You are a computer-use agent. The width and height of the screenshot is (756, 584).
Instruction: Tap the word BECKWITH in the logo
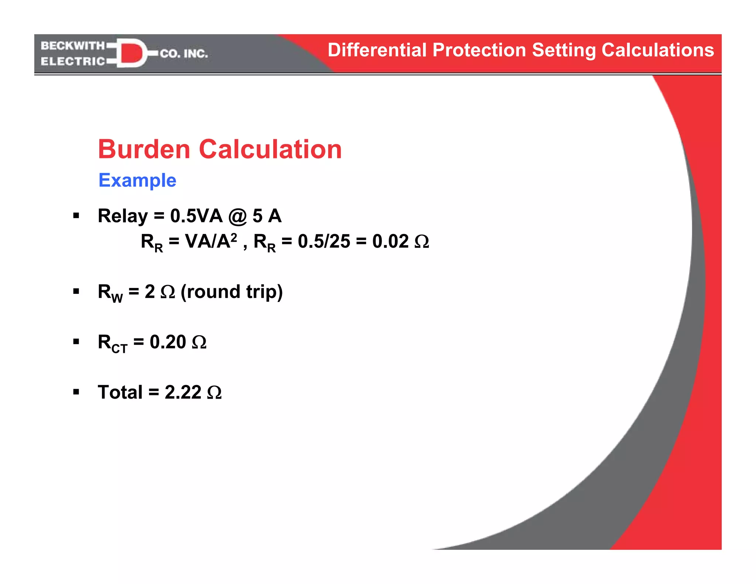pos(73,46)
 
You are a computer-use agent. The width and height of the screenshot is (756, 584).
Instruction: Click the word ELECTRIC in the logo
pos(73,61)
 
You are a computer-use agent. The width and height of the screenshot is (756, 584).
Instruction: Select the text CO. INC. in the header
pos(184,54)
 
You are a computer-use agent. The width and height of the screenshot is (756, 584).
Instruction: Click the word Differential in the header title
pos(377,50)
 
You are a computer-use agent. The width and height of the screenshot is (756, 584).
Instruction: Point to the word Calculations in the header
pos(657,50)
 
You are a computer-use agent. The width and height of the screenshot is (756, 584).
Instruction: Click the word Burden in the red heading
pos(144,150)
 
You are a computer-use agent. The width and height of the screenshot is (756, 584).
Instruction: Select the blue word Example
pos(137,181)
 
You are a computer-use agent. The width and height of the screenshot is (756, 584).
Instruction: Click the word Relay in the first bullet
pos(123,216)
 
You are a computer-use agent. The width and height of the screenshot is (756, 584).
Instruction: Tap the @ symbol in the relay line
pos(237,217)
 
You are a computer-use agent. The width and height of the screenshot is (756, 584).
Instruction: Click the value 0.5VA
pos(196,216)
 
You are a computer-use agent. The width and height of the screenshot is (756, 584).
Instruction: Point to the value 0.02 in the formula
pos(390,241)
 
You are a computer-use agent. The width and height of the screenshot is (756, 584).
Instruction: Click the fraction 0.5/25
pos(324,241)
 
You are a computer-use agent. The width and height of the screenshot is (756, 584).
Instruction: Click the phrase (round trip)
pos(231,292)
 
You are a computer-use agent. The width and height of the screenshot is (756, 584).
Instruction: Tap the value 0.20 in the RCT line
pos(168,342)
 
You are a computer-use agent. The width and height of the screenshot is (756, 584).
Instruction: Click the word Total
pos(120,392)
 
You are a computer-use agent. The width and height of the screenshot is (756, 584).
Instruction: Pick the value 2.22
pos(183,392)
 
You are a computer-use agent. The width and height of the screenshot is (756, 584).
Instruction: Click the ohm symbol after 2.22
pos(214,393)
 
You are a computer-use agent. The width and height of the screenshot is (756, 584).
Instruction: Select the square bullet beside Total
pos(76,392)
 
